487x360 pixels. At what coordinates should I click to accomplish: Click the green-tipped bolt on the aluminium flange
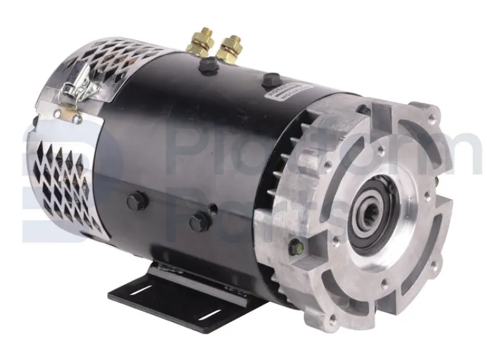[293, 246]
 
